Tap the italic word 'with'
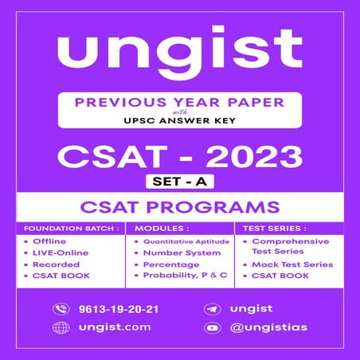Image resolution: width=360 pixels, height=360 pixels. [179, 115]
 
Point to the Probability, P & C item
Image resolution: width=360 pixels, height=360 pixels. [186, 275]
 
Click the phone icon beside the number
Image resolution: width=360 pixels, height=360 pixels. [61, 309]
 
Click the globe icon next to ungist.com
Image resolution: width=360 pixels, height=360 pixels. [61, 327]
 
